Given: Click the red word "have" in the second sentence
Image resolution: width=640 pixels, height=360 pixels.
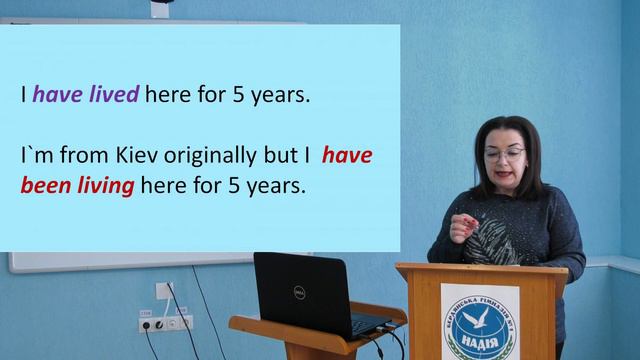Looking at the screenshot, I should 347,157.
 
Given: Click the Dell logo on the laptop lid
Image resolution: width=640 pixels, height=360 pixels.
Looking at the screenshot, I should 298,292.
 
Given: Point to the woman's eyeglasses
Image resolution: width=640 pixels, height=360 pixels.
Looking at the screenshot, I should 504,154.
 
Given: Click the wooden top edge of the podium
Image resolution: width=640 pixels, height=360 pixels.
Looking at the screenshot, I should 480,269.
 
